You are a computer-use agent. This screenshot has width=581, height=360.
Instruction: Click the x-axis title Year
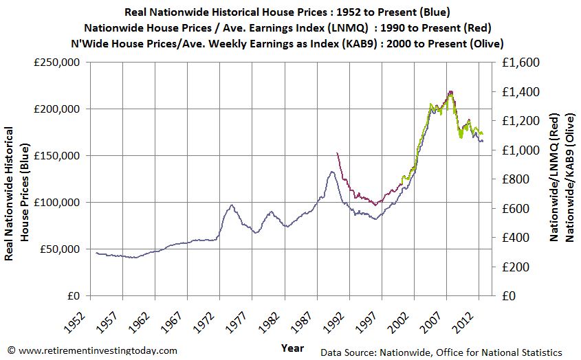point(292,348)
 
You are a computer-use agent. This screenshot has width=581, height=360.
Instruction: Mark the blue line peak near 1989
point(331,172)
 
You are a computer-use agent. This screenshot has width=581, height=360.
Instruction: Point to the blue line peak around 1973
point(232,205)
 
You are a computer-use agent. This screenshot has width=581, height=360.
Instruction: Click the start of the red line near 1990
point(336,153)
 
